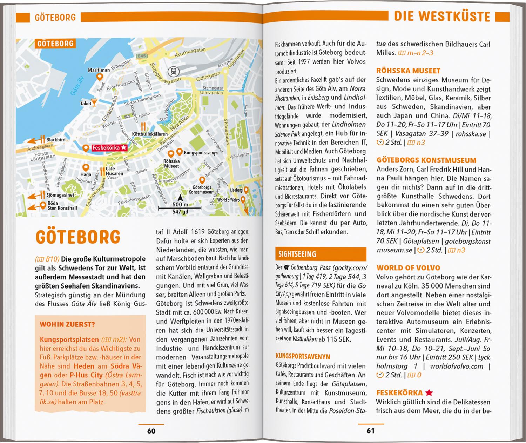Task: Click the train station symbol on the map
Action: point(173,71)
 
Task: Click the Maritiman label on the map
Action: point(99,70)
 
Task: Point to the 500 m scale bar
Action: point(180,208)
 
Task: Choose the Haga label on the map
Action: point(86,174)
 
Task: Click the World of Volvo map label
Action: point(228,200)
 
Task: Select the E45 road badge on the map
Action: point(142,56)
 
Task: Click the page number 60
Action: point(151,431)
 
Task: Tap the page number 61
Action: point(371,431)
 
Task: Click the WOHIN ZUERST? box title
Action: point(67,324)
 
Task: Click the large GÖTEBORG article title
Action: point(78,237)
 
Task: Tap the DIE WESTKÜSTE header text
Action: point(442,16)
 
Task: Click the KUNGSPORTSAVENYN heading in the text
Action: point(303,357)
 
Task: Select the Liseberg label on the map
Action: point(236,190)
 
